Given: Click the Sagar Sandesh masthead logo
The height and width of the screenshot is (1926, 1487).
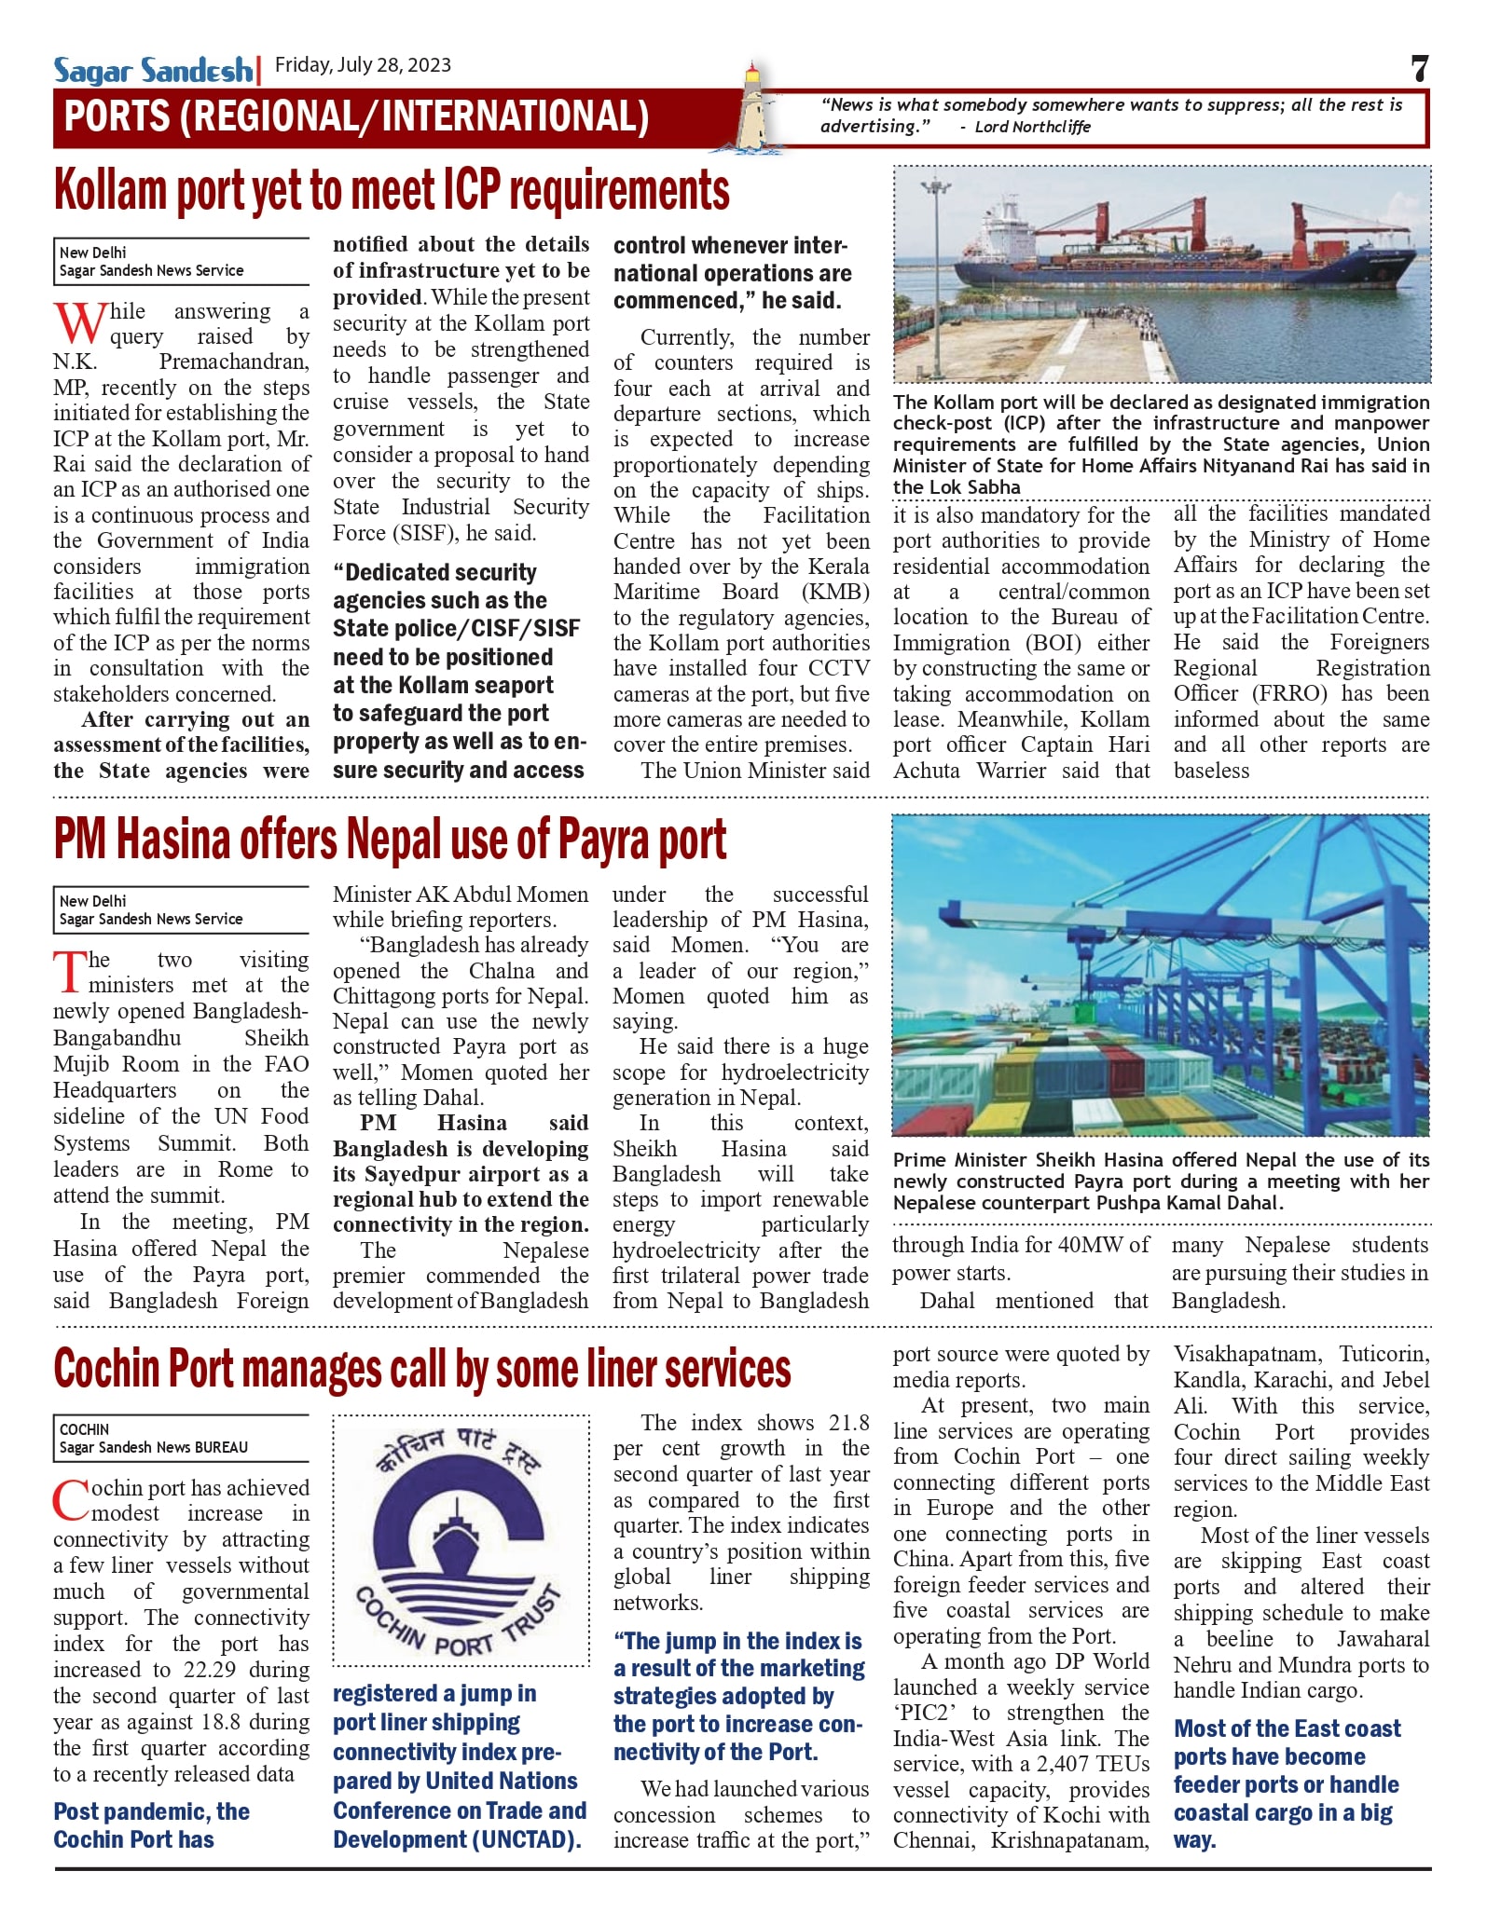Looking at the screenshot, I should (152, 70).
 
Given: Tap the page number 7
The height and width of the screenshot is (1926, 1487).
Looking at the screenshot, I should (1418, 69).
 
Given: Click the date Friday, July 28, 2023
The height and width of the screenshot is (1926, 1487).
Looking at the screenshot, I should (363, 64).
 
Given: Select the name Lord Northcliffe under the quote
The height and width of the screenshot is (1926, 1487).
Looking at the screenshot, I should (1032, 127).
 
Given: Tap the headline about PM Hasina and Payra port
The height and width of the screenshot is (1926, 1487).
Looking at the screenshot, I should (390, 839).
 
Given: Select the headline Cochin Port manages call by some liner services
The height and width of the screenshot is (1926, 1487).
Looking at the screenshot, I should (421, 1369).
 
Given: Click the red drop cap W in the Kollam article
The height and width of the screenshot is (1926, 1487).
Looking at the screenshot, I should (78, 321).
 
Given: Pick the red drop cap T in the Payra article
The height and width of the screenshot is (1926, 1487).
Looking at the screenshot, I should (69, 971).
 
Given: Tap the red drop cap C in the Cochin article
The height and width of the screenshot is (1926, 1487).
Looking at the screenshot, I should (71, 1500).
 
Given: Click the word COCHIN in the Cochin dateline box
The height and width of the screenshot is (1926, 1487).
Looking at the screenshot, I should (84, 1429).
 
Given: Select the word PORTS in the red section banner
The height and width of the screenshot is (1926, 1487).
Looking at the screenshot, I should (116, 116).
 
